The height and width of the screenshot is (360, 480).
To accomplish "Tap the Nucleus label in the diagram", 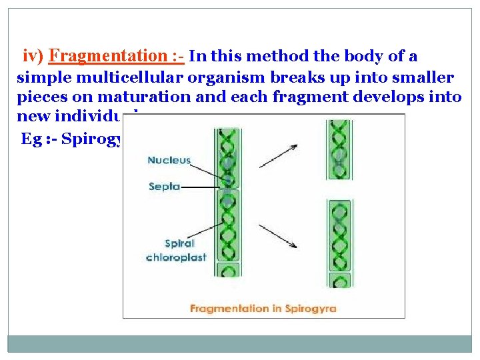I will point(169,160).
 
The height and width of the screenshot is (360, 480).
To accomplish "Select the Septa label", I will point(164,187).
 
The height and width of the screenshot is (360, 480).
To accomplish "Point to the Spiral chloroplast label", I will point(176,251).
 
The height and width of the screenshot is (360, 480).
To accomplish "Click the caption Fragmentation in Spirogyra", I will point(263,309).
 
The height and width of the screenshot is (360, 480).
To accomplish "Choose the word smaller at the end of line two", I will point(427,77).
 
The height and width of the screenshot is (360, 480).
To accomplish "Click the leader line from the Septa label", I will point(200,187).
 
